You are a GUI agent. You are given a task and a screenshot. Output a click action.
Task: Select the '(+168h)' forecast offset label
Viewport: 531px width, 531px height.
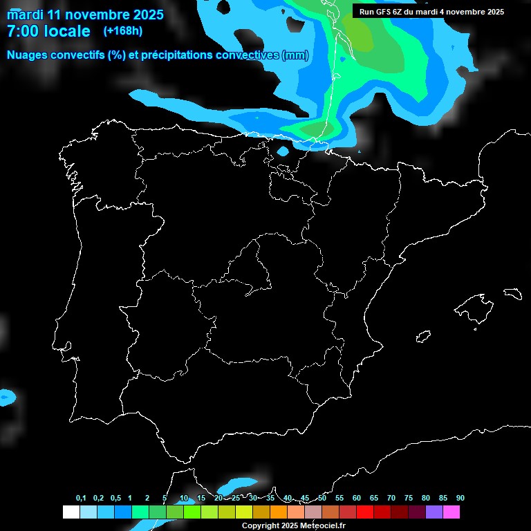pyautogui.click(x=123, y=31)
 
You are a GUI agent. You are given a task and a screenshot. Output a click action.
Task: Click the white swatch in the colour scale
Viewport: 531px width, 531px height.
pyautogui.click(x=71, y=512)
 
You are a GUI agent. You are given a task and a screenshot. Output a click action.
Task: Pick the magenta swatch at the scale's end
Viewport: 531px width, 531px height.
pyautogui.click(x=451, y=512)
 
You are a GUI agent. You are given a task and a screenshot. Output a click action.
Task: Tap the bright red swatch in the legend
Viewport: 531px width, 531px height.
pyautogui.click(x=365, y=512)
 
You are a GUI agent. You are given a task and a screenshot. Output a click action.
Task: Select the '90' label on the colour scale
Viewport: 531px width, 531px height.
pyautogui.click(x=460, y=499)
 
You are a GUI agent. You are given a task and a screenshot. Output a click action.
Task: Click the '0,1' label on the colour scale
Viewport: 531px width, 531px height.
pyautogui.click(x=81, y=499)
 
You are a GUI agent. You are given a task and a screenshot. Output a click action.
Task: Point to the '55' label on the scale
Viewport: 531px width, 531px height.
pyautogui.click(x=339, y=499)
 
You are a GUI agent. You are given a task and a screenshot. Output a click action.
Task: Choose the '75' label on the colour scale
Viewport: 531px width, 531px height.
pyautogui.click(x=408, y=499)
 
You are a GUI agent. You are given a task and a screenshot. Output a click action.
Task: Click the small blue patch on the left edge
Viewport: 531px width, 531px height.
pyautogui.click(x=6, y=397)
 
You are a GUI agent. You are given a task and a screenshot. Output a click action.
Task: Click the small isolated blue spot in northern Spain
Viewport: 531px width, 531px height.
pyautogui.click(x=282, y=151)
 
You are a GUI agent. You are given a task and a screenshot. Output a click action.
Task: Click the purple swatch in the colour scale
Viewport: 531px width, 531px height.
pyautogui.click(x=434, y=512)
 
